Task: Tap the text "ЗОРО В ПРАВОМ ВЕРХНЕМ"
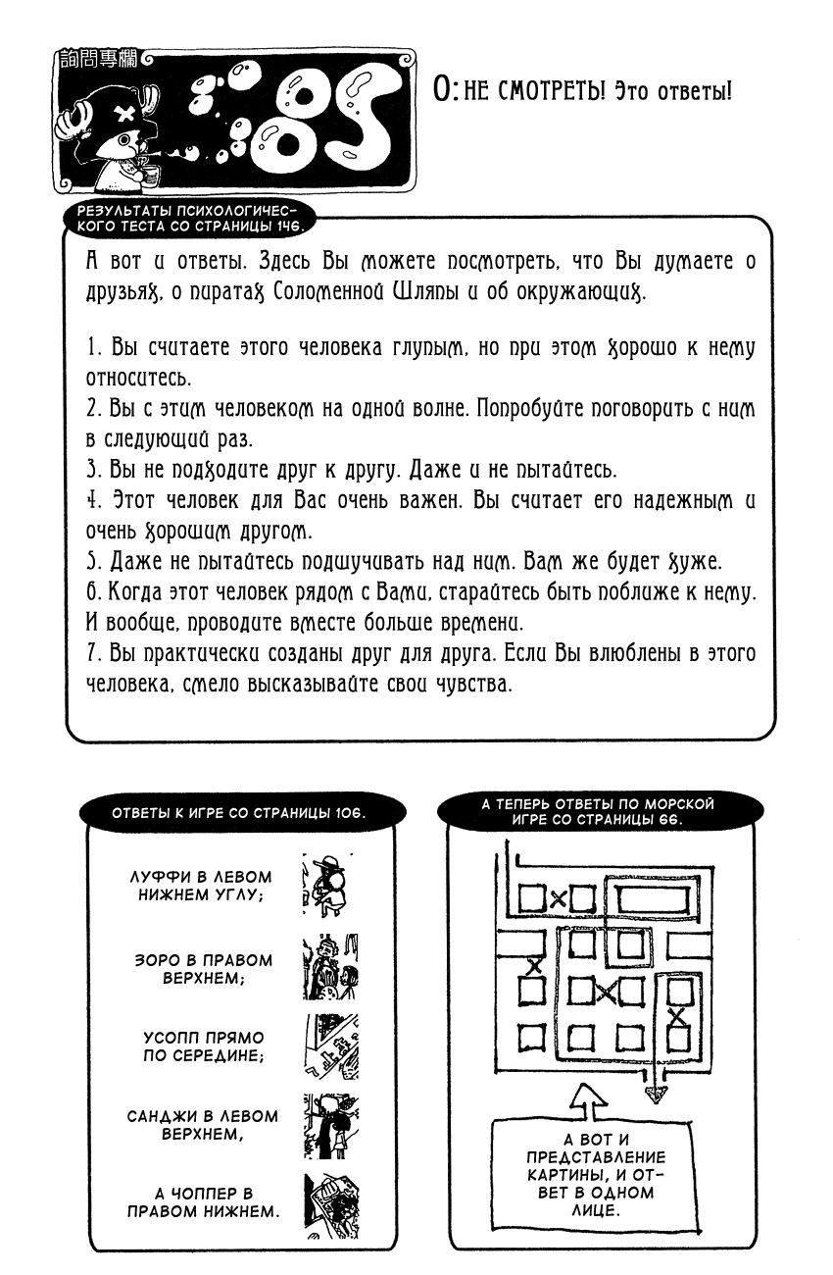[203, 969]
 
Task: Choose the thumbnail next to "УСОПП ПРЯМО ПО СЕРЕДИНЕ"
[330, 1045]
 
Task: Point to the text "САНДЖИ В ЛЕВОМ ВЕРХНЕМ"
[203, 1125]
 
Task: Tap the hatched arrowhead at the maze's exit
[655, 1094]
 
